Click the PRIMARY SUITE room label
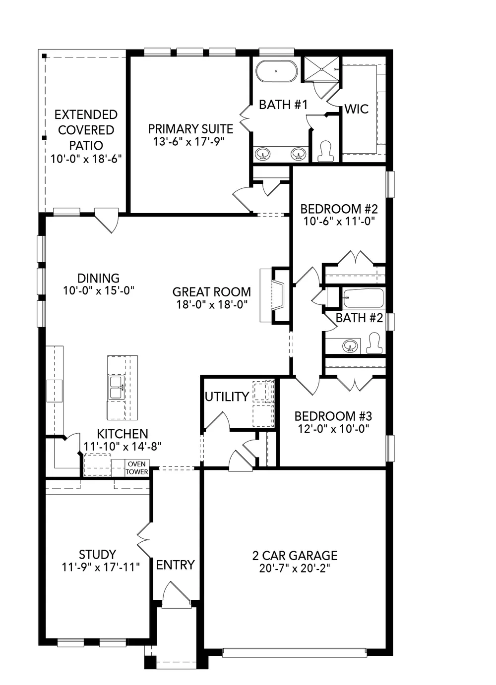point(190,129)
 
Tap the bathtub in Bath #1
point(276,71)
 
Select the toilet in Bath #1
point(325,151)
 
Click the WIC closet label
point(357,109)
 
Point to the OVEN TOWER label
point(137,468)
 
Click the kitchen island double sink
point(116,388)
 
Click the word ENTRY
point(175,565)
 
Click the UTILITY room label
point(227,397)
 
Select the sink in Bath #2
point(350,346)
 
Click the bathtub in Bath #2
point(363,298)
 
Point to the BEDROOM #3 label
point(333,416)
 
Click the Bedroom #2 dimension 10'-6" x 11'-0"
point(339,221)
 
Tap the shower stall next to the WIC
point(321,69)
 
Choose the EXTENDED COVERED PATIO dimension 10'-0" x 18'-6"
point(86,159)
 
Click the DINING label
point(99,278)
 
